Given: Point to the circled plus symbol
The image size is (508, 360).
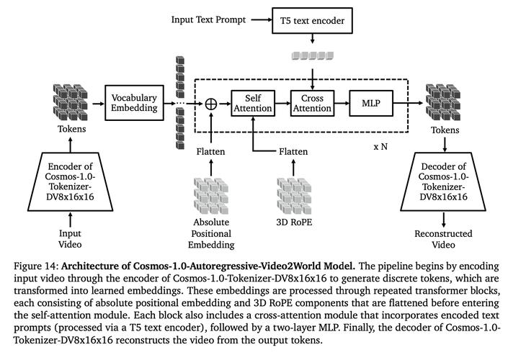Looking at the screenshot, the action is tap(211, 104).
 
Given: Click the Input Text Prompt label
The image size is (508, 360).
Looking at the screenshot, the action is tap(208, 19).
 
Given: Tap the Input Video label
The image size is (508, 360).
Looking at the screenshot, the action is tap(70, 238).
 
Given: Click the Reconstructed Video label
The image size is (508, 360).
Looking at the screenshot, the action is tap(443, 238).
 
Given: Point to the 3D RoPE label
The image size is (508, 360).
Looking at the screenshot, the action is tap(294, 222).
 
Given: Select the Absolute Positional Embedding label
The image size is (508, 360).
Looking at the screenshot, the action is tap(211, 233).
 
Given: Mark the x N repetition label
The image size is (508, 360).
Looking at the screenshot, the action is tap(380, 147).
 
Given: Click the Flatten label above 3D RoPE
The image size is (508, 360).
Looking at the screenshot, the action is tap(293, 151).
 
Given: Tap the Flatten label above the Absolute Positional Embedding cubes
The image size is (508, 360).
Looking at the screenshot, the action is tap(210, 151).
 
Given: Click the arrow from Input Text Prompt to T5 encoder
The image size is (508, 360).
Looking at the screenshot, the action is tap(262, 19).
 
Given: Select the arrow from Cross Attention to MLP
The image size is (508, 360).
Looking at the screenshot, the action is tap(342, 103).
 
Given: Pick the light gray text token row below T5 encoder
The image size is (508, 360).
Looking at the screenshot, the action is tap(313, 55).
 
